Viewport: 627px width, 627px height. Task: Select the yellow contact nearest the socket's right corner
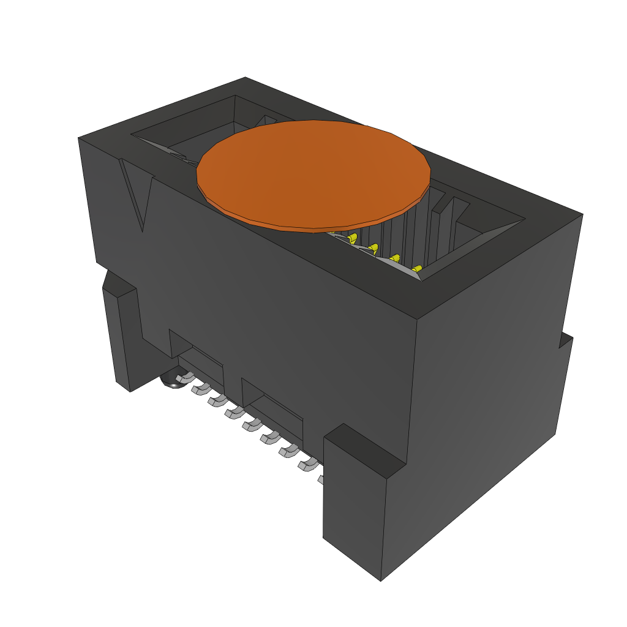[x=417, y=269]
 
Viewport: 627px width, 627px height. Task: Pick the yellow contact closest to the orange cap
[x=352, y=239]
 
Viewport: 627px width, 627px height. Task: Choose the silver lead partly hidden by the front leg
[x=320, y=479]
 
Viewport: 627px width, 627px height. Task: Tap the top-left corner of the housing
[x=79, y=138]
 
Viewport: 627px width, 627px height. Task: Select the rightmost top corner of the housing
[x=582, y=214]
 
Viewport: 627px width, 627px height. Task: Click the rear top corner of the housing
[x=245, y=78]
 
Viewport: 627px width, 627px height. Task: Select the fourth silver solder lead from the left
[x=233, y=413]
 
